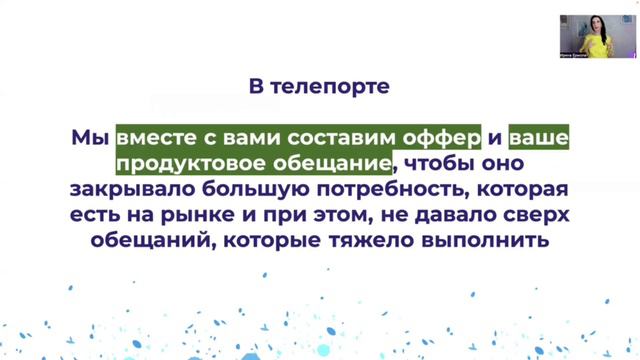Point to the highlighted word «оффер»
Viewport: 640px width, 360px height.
click(445, 136)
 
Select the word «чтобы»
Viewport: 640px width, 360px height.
click(429, 162)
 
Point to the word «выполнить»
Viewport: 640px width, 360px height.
click(484, 240)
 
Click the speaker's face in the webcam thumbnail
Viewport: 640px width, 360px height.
click(597, 24)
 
